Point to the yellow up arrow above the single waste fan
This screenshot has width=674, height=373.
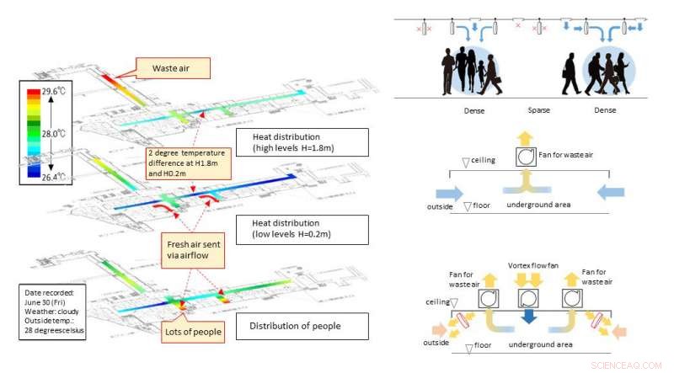tap(523, 138)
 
